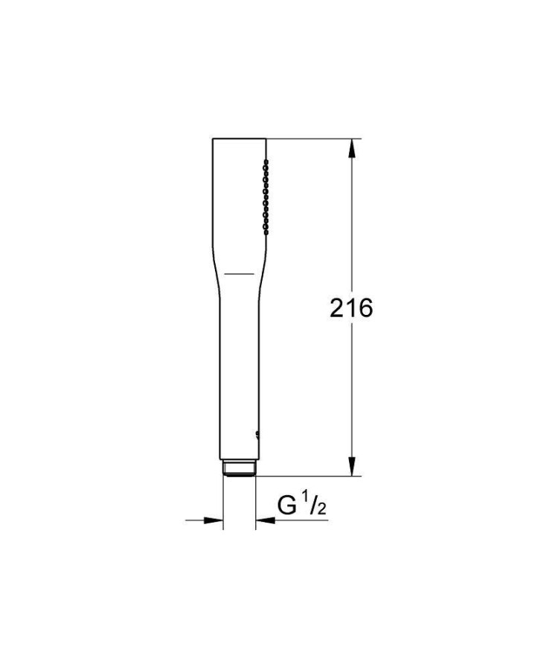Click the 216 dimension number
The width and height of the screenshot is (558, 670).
(x=351, y=307)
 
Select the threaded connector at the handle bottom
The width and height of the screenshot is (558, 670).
(x=239, y=468)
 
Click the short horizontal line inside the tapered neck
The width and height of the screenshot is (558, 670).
(x=239, y=274)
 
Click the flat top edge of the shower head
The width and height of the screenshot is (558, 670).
(x=239, y=138)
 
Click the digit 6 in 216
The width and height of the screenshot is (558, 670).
(x=364, y=307)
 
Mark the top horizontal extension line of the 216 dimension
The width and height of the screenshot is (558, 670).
(x=312, y=138)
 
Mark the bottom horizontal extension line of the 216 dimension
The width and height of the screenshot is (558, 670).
(x=312, y=476)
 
